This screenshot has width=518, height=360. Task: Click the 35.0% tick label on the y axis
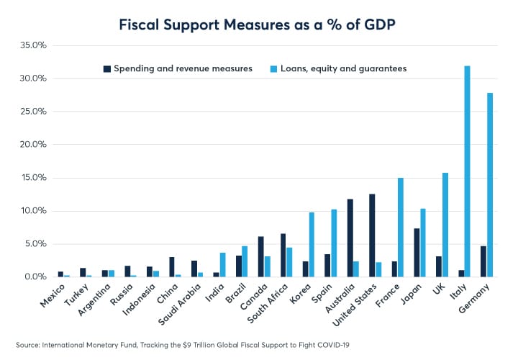33,45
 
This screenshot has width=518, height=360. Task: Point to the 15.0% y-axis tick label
33,178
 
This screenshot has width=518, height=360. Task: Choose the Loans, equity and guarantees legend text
353,68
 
